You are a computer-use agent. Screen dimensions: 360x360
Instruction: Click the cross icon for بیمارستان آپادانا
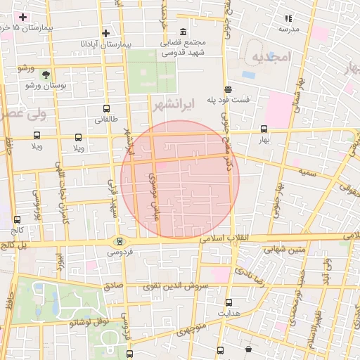pyautogui.click(x=105, y=33)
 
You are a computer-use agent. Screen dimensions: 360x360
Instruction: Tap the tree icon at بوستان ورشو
pyautogui.click(x=46, y=74)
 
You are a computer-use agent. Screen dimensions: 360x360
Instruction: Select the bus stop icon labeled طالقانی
pyautogui.click(x=106, y=109)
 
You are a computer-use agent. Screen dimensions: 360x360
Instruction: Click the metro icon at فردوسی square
pyautogui.click(x=120, y=240)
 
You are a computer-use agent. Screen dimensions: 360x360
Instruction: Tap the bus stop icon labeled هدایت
pyautogui.click(x=229, y=302)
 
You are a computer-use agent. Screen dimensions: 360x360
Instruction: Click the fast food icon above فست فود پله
pyautogui.click(x=228, y=89)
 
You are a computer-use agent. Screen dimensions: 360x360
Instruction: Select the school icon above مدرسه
pyautogui.click(x=288, y=18)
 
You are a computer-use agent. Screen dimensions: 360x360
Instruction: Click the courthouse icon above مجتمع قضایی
pyautogui.click(x=184, y=32)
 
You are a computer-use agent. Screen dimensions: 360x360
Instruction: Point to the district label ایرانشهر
pyautogui.click(x=172, y=105)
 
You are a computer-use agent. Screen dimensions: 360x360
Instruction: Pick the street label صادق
pyautogui.click(x=113, y=286)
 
